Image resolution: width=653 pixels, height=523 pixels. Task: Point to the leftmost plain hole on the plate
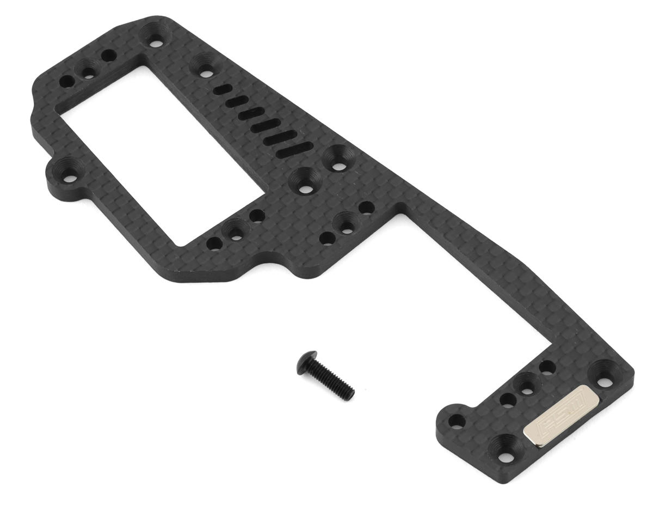(x=67, y=82)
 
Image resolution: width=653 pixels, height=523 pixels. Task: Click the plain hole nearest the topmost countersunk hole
(x=108, y=55)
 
